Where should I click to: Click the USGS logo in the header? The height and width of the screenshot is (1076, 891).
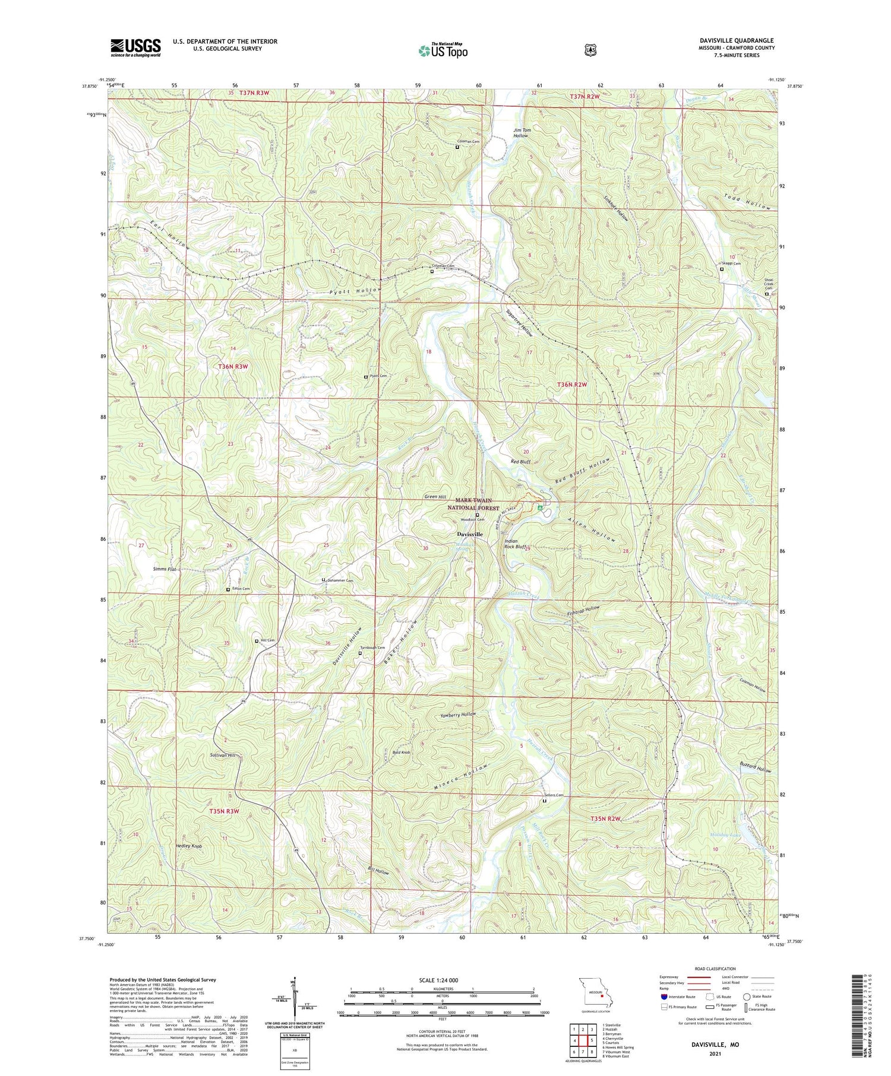(x=135, y=47)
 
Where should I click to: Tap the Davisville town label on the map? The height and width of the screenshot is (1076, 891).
(x=469, y=534)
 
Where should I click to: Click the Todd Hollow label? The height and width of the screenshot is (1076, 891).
(x=749, y=203)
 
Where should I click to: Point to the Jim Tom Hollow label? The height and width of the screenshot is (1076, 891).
(x=521, y=132)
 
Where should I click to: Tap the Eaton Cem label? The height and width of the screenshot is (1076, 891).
(x=241, y=589)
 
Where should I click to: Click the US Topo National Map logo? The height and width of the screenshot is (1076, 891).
(x=443, y=50)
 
